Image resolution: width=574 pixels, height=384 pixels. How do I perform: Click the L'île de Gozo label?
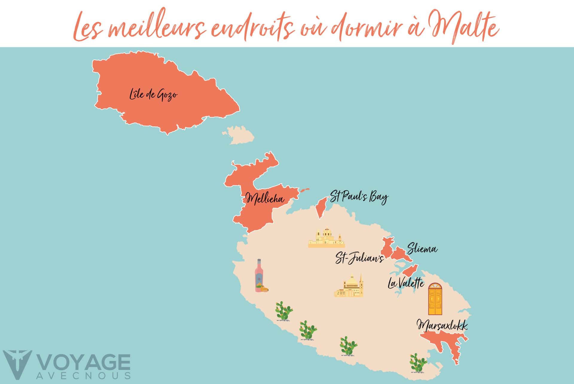[x=153, y=95]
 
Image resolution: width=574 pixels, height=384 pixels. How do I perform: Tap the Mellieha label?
[x=265, y=198]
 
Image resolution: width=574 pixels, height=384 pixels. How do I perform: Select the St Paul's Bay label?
[x=359, y=197]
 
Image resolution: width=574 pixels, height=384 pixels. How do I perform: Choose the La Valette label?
[x=406, y=283]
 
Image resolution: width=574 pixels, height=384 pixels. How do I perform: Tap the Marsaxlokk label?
[x=442, y=326]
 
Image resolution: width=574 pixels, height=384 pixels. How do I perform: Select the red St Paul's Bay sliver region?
[x=321, y=207]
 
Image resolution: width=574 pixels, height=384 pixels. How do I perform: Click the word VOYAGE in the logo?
[x=84, y=363]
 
